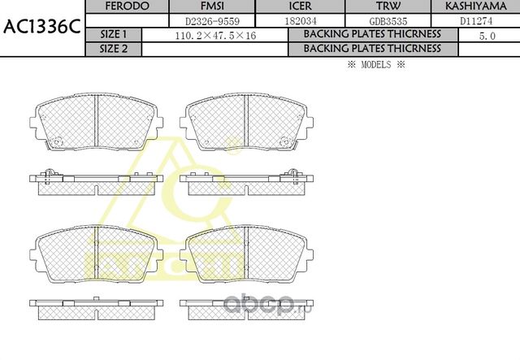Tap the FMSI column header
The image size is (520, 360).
pyautogui.click(x=212, y=6)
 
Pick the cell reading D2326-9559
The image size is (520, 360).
pyautogui.click(x=212, y=20)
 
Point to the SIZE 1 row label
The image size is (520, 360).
pyautogui.click(x=113, y=35)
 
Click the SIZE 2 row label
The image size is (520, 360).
pyautogui.click(x=113, y=49)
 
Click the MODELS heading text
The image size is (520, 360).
pyautogui.click(x=375, y=63)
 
